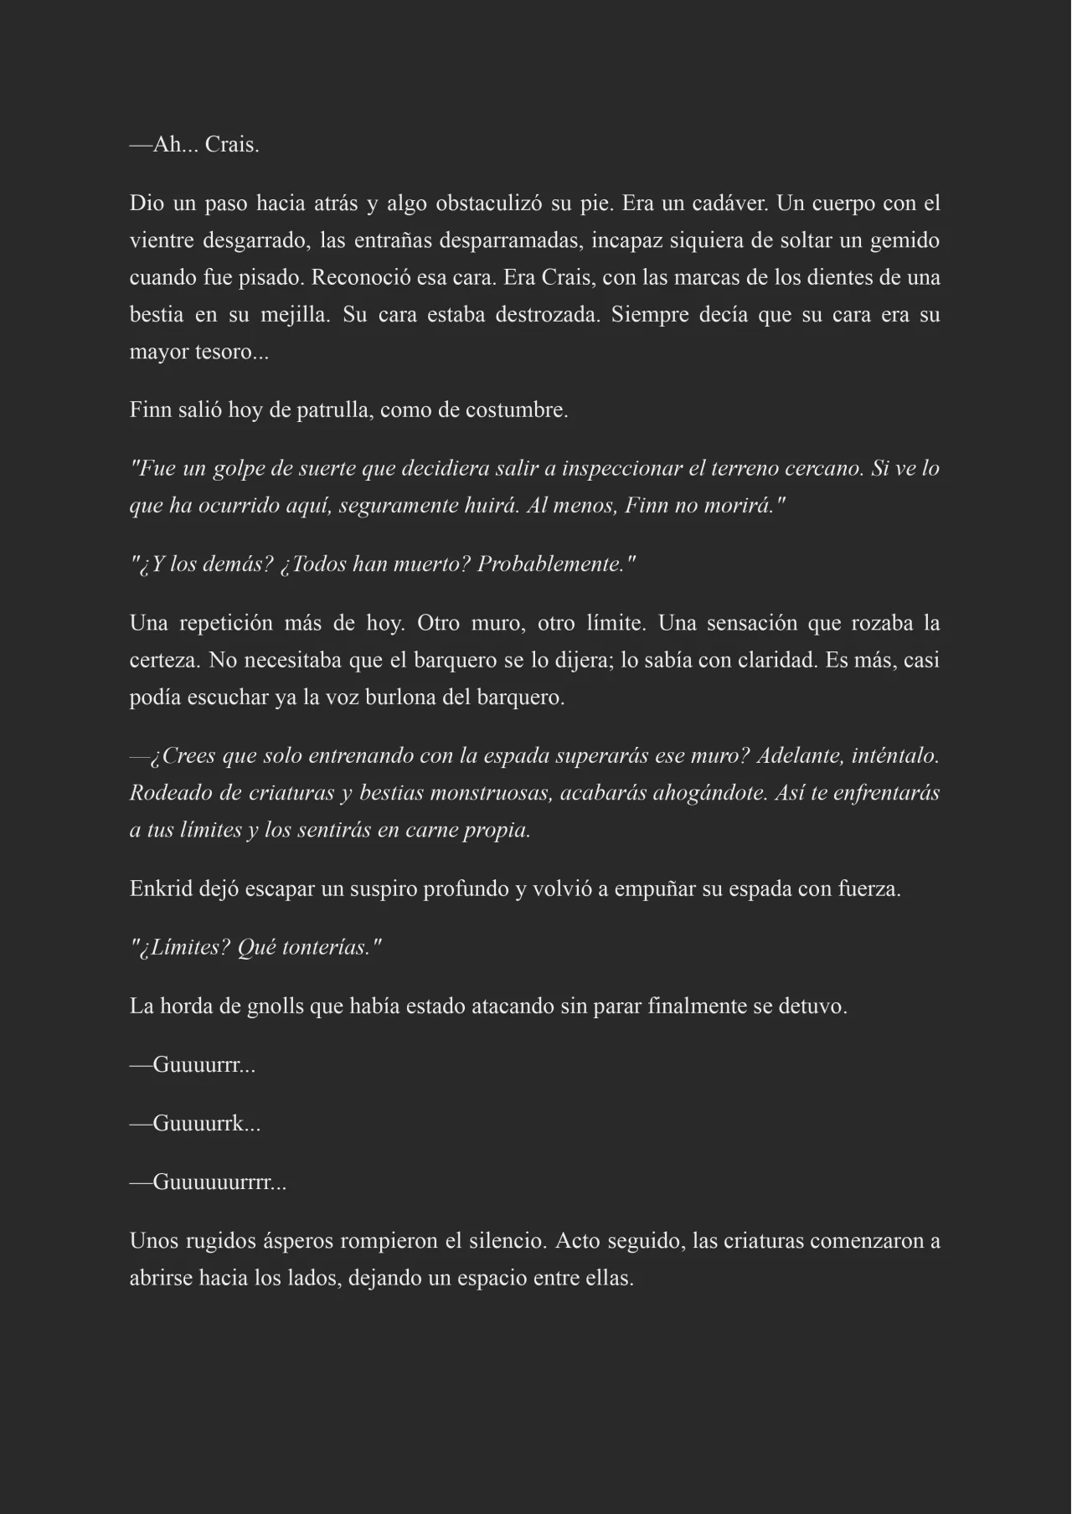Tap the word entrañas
(393, 241)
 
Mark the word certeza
(163, 661)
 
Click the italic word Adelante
(799, 756)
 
